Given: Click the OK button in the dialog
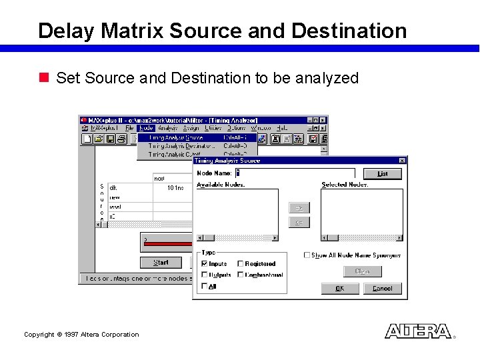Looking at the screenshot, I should pyautogui.click(x=340, y=289).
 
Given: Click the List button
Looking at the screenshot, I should pyautogui.click(x=382, y=173).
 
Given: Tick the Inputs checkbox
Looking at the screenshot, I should pyautogui.click(x=205, y=264).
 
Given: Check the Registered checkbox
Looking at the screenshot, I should pyautogui.click(x=241, y=264).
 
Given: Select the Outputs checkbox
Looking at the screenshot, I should pyautogui.click(x=205, y=275).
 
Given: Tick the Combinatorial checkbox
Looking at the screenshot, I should pyautogui.click(x=241, y=275).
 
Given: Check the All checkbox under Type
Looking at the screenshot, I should pyautogui.click(x=205, y=286).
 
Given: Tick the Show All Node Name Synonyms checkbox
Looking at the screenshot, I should pyautogui.click(x=307, y=255).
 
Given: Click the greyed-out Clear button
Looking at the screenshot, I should pyautogui.click(x=362, y=271).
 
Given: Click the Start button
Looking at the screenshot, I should pyautogui.click(x=161, y=263).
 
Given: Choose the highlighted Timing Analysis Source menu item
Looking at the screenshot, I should pyautogui.click(x=177, y=137).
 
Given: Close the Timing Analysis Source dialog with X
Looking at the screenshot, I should pyautogui.click(x=402, y=161).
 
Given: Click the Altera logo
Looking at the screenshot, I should pyautogui.click(x=418, y=331).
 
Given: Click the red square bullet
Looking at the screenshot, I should pyautogui.click(x=45, y=78).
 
